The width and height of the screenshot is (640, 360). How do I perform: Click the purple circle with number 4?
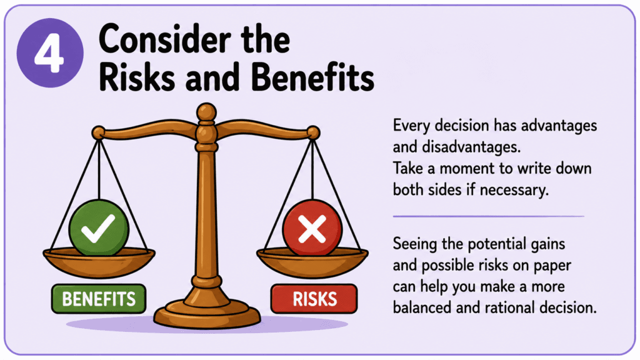50,52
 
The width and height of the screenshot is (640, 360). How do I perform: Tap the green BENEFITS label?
98,299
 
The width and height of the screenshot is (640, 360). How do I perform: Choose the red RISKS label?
314,299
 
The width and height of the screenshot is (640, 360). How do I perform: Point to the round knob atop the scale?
206,112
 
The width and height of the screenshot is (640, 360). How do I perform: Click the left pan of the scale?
99,263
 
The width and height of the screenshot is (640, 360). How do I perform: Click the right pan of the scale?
312,263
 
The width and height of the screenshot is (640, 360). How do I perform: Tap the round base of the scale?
207,315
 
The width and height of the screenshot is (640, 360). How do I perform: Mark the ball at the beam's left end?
98,132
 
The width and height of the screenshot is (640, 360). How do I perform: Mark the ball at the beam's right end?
313,132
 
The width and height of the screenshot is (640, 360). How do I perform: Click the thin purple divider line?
489,216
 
